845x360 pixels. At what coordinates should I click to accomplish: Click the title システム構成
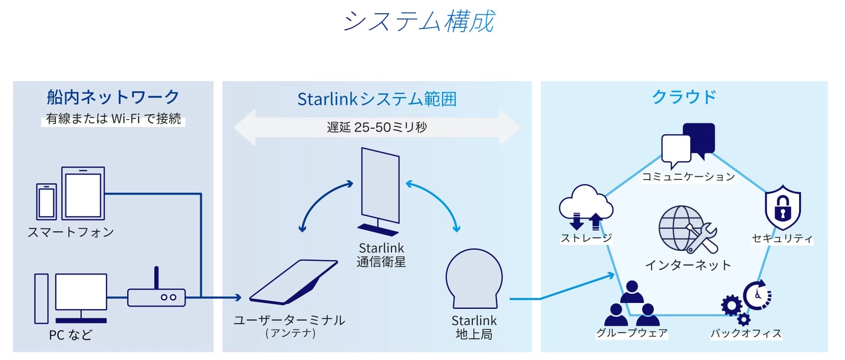click(419, 21)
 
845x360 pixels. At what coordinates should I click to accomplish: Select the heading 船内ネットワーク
click(113, 97)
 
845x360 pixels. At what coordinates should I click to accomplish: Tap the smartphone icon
click(46, 202)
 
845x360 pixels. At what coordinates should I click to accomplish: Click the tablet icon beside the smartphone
click(83, 193)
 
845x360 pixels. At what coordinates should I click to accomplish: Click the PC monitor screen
click(81, 292)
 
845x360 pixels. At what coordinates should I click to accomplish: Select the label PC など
click(71, 335)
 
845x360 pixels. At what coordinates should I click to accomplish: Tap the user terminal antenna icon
click(294, 281)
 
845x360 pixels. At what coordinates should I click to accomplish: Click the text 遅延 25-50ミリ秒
click(377, 127)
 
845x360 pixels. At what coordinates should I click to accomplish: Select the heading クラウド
click(684, 97)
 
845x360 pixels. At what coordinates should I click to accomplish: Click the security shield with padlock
click(783, 207)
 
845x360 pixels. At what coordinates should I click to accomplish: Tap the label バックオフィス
click(746, 333)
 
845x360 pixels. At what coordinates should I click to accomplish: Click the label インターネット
click(688, 265)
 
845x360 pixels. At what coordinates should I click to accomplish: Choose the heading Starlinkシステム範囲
click(377, 99)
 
